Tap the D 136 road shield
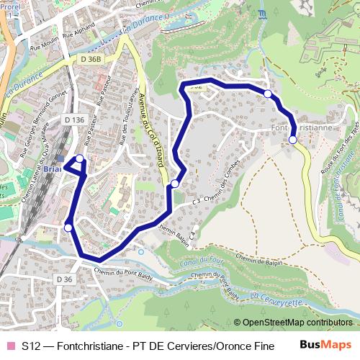tap(74, 120)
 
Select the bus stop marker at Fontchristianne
tap(292, 140)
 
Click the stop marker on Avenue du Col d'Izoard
tap(175, 184)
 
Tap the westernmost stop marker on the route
tap(68, 228)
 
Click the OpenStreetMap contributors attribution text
tap(297, 323)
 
